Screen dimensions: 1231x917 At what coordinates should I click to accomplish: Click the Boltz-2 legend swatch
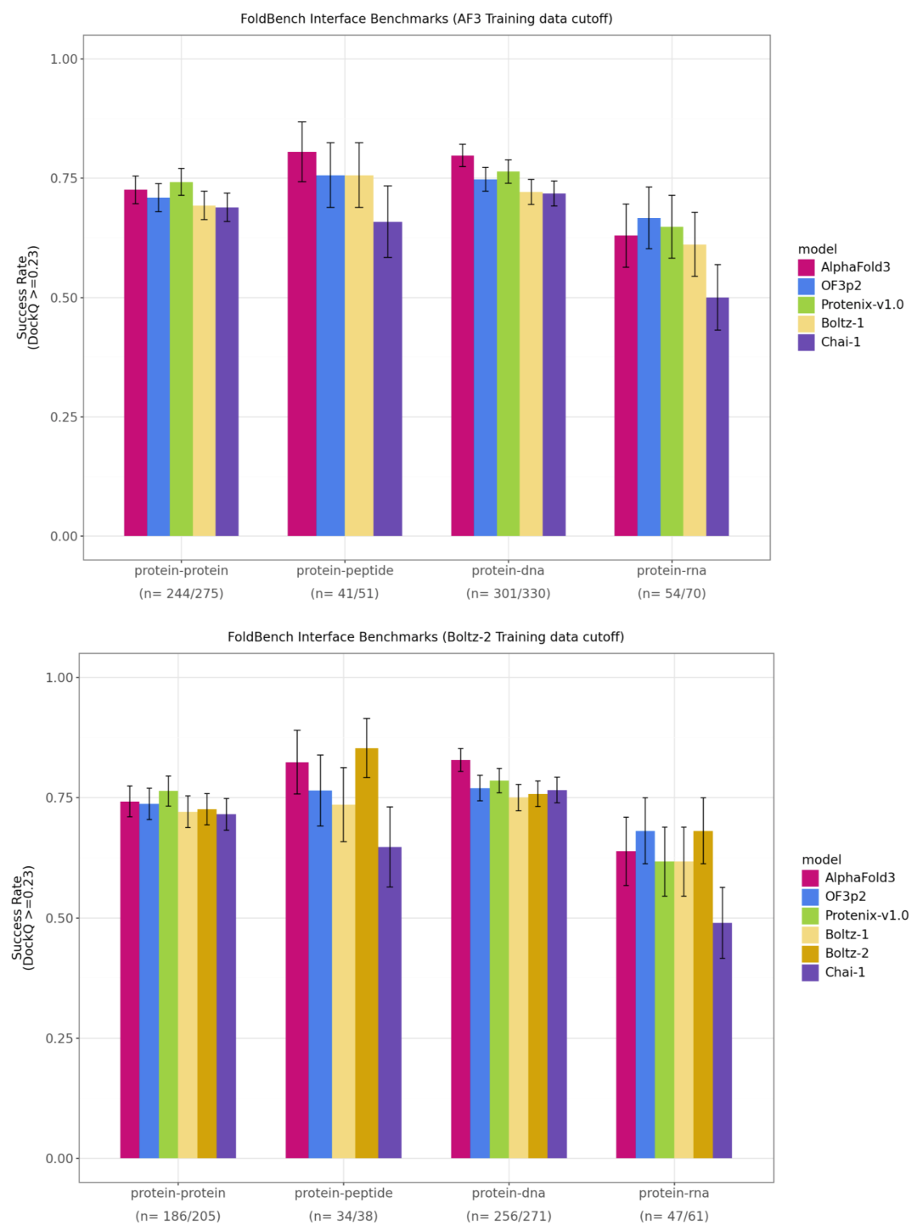pyautogui.click(x=810, y=954)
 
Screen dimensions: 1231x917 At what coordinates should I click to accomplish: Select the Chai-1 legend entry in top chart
pyautogui.click(x=840, y=342)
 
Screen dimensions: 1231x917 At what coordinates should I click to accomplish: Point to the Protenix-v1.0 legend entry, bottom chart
pyautogui.click(x=866, y=915)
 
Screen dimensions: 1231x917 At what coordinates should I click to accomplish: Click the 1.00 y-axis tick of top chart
pyautogui.click(x=65, y=59)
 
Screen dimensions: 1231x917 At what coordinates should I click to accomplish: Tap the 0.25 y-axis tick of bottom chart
pyautogui.click(x=60, y=1038)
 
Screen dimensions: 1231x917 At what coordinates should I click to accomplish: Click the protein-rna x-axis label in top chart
pyautogui.click(x=672, y=571)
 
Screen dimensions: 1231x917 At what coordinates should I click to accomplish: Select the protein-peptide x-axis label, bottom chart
pyautogui.click(x=344, y=1194)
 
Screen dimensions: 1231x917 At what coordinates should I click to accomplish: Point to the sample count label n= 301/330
pyautogui.click(x=508, y=594)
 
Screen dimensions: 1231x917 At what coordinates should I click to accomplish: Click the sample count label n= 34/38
pyautogui.click(x=344, y=1217)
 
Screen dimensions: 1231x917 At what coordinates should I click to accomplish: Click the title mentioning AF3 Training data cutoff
pyautogui.click(x=426, y=19)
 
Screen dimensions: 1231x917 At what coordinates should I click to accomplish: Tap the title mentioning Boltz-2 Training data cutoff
pyautogui.click(x=425, y=637)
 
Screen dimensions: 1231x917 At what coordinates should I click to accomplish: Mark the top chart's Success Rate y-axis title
pyautogui.click(x=27, y=297)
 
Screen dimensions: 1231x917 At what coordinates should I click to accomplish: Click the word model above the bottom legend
pyautogui.click(x=821, y=859)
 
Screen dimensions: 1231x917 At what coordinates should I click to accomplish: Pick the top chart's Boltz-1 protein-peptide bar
pyautogui.click(x=359, y=355)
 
